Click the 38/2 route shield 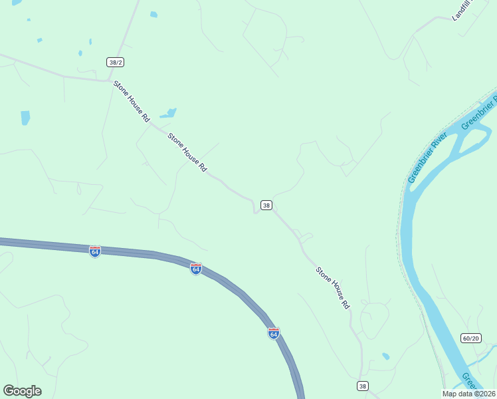[x=116, y=62]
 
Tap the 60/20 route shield [x=470, y=338]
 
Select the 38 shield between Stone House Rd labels [x=266, y=205]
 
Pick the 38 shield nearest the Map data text [x=362, y=386]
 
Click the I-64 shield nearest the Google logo [x=95, y=251]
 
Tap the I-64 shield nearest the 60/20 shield [x=273, y=332]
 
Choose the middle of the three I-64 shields [x=195, y=269]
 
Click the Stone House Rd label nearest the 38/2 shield [x=132, y=101]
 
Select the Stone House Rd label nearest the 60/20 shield [x=332, y=288]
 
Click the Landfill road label [x=460, y=11]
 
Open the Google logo [x=22, y=391]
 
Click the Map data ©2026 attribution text [x=468, y=394]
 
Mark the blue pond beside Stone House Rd [x=169, y=113]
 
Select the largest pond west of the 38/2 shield [x=25, y=118]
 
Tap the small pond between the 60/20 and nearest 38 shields [x=386, y=356]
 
